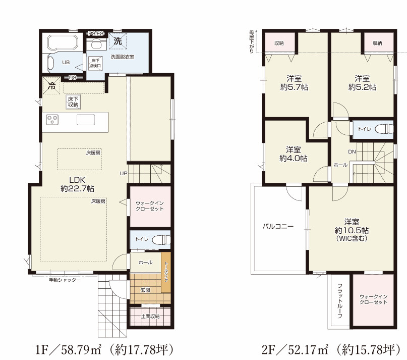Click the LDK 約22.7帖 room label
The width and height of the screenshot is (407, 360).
pyautogui.click(x=77, y=184)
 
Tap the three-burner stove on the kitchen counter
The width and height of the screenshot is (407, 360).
pyautogui.click(x=52, y=120)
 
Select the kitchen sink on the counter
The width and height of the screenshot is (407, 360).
pyautogui.click(x=86, y=120)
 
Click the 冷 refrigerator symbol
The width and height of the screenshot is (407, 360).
pyautogui.click(x=51, y=85)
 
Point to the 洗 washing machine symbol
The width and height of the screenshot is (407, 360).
pyautogui.click(x=118, y=41)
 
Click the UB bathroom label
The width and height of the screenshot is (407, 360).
pyautogui.click(x=66, y=63)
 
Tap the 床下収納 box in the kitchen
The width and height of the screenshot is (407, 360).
pyautogui.click(x=73, y=102)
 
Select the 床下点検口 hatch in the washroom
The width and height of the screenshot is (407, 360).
pyautogui.click(x=95, y=64)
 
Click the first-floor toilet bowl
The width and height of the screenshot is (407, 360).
pyautogui.click(x=161, y=239)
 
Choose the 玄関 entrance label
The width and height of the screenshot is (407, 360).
pyautogui.click(x=145, y=290)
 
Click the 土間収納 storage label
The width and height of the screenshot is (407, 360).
pyautogui.click(x=150, y=317)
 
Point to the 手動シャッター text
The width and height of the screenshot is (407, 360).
pyautogui.click(x=65, y=280)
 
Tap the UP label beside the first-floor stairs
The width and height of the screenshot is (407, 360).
pyautogui.click(x=124, y=173)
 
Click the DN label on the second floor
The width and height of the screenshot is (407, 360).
pyautogui.click(x=352, y=151)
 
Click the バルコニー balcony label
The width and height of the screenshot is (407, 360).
pyautogui.click(x=278, y=226)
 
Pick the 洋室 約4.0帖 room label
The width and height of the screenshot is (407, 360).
pyautogui.click(x=294, y=154)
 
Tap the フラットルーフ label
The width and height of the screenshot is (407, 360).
pyautogui.click(x=340, y=301)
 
